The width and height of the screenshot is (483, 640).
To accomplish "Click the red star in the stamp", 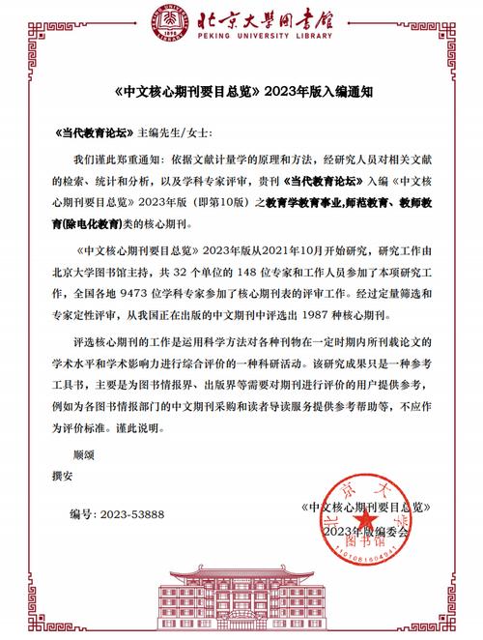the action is (365, 522).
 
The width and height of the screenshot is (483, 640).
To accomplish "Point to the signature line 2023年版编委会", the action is (367, 532).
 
